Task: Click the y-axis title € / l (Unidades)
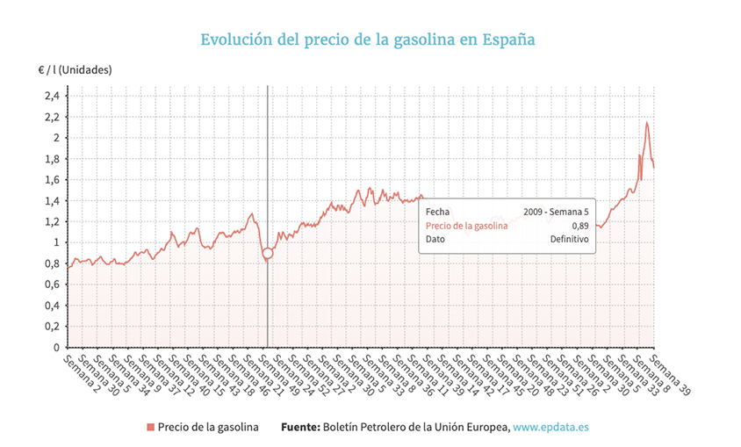[74, 68]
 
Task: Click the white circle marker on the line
[268, 253]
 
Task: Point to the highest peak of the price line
[647, 123]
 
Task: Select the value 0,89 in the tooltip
[579, 225]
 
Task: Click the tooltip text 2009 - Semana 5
[555, 211]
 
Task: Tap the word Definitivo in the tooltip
[569, 239]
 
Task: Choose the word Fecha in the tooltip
[438, 211]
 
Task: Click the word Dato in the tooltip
[436, 239]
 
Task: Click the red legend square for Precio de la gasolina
[150, 427]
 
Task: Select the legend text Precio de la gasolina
[208, 427]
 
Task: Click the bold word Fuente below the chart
[299, 427]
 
